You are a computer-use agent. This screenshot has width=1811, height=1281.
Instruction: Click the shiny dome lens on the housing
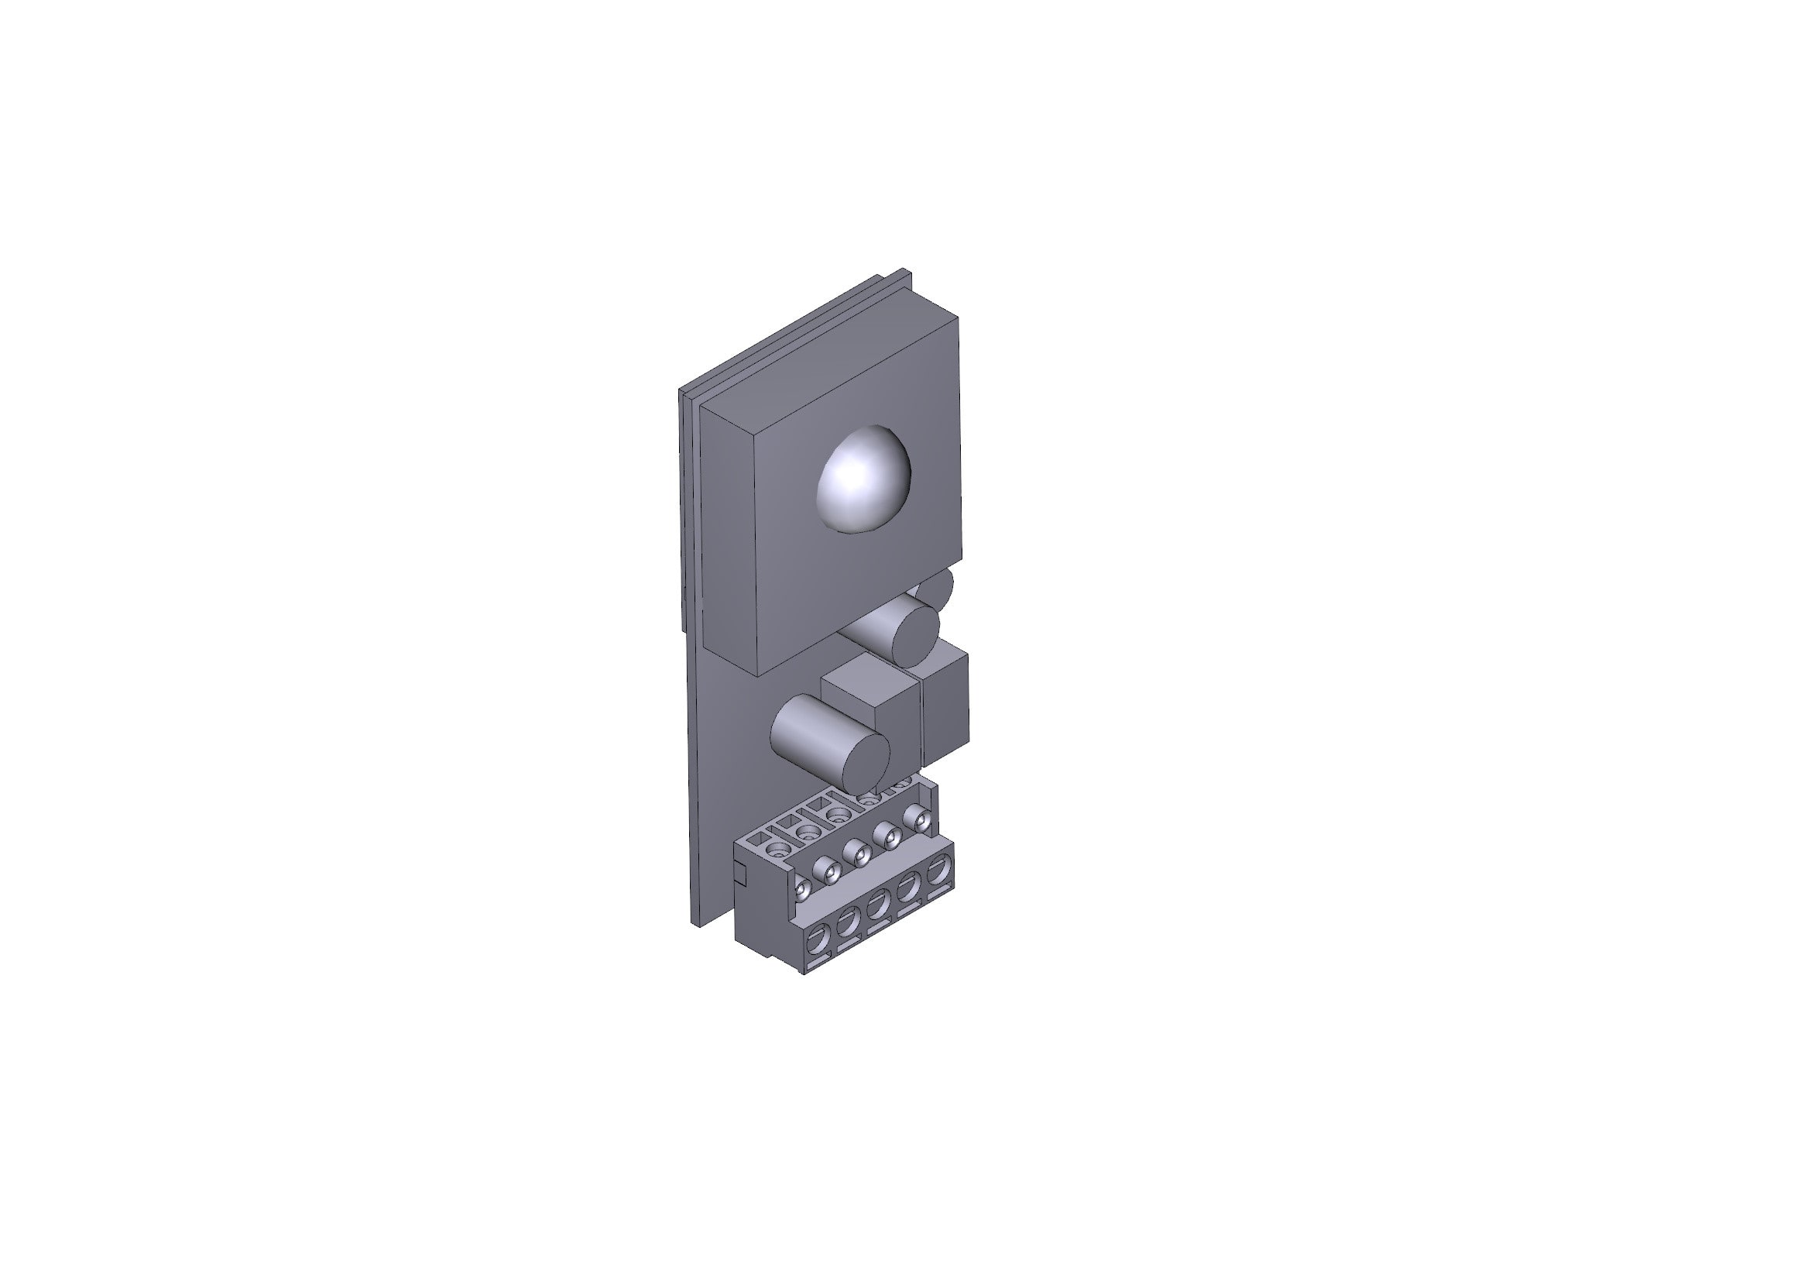865,479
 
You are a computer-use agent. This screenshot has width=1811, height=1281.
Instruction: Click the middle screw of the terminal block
856,853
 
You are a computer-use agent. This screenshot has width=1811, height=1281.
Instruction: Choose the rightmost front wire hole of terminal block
938,871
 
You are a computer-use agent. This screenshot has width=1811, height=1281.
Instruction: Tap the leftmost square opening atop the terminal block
760,840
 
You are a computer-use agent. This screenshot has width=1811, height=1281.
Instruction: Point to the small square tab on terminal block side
739,872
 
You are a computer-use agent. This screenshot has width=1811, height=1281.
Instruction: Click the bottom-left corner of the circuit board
695,924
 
